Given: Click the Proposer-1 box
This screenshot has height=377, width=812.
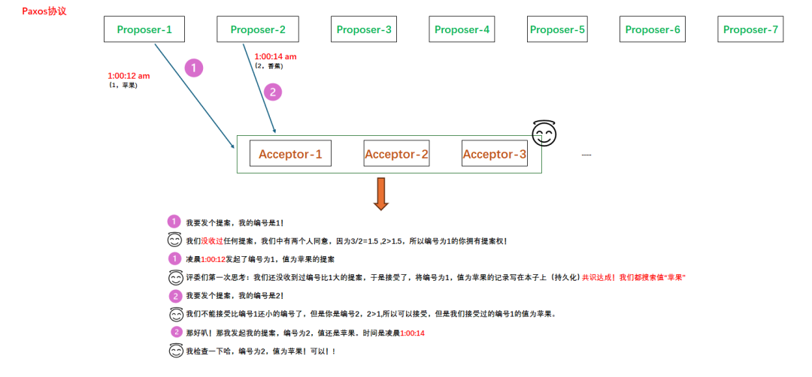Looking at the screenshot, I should (144, 30).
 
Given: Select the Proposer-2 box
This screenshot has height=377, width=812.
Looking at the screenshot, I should (258, 30).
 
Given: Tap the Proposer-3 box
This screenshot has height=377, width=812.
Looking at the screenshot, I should (364, 30).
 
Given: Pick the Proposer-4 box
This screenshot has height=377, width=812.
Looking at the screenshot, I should (462, 30).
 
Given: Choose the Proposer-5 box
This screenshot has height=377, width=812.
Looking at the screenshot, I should (557, 30).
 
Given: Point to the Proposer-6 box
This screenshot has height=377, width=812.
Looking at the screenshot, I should (653, 30).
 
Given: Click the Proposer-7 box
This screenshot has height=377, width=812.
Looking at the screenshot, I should (750, 30).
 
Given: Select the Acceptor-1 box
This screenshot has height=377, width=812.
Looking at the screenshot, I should (290, 155).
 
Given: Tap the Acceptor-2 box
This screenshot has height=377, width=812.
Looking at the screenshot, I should (396, 155).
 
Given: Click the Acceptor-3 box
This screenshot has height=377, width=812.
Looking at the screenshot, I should (494, 155).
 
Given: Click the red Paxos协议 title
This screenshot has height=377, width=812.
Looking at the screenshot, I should (44, 11).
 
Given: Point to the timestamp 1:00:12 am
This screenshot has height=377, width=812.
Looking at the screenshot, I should (129, 76).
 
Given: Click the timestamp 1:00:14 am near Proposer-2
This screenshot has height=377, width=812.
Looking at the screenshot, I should (275, 56).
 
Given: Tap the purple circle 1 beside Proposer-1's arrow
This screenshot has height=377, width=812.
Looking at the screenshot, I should (194, 68).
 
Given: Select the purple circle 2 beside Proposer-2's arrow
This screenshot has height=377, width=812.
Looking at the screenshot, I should (272, 92).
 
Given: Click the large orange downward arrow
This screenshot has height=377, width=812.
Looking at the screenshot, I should (381, 194).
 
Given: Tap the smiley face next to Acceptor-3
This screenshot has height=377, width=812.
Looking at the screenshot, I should (544, 134).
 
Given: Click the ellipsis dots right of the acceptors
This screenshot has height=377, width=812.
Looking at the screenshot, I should (586, 155).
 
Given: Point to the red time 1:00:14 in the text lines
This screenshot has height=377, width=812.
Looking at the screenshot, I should (413, 333).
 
